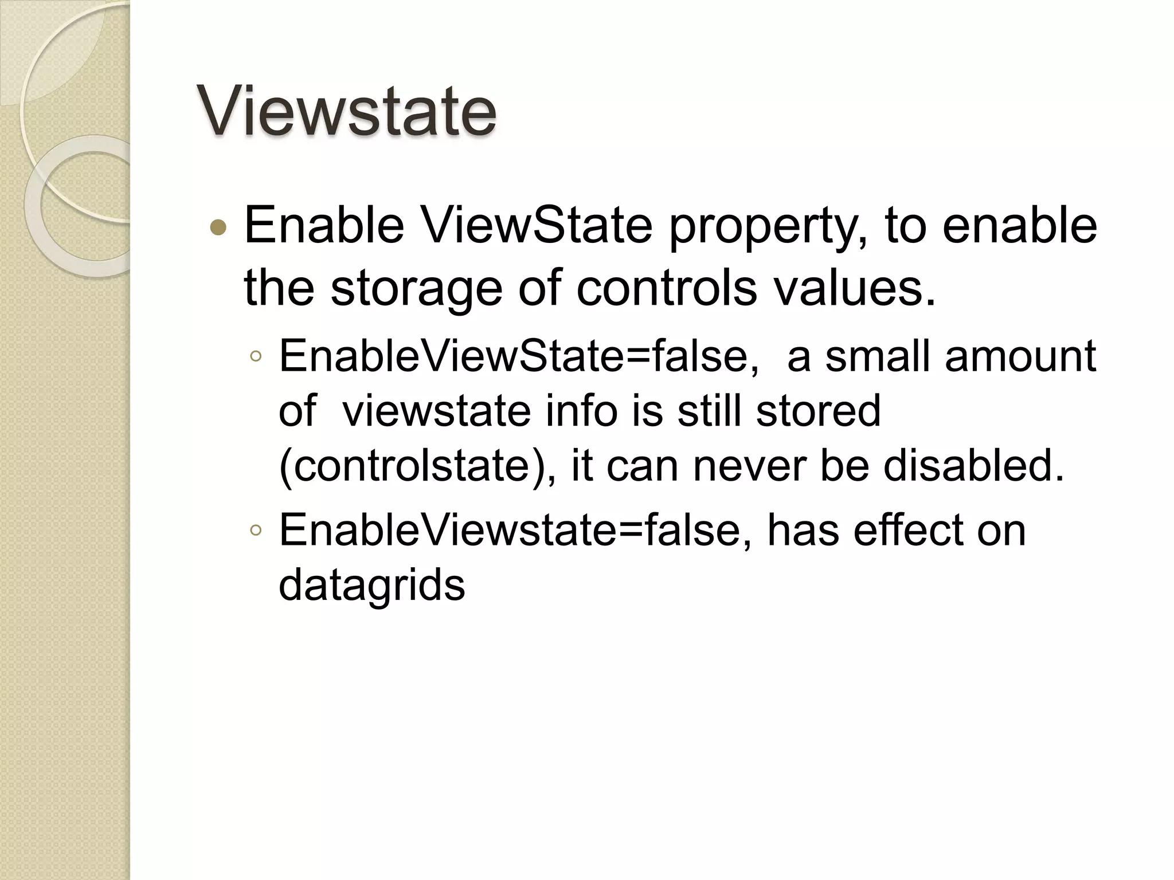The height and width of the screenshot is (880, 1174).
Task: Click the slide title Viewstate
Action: tap(346, 111)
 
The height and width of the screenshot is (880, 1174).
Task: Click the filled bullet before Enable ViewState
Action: tap(218, 228)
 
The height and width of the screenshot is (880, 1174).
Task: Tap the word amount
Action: tap(1020, 356)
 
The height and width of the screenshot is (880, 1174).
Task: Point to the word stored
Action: tap(818, 411)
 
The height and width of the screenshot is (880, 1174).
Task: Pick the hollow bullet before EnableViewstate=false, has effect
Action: tap(256, 531)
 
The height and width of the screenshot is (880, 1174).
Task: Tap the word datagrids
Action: tap(371, 586)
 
